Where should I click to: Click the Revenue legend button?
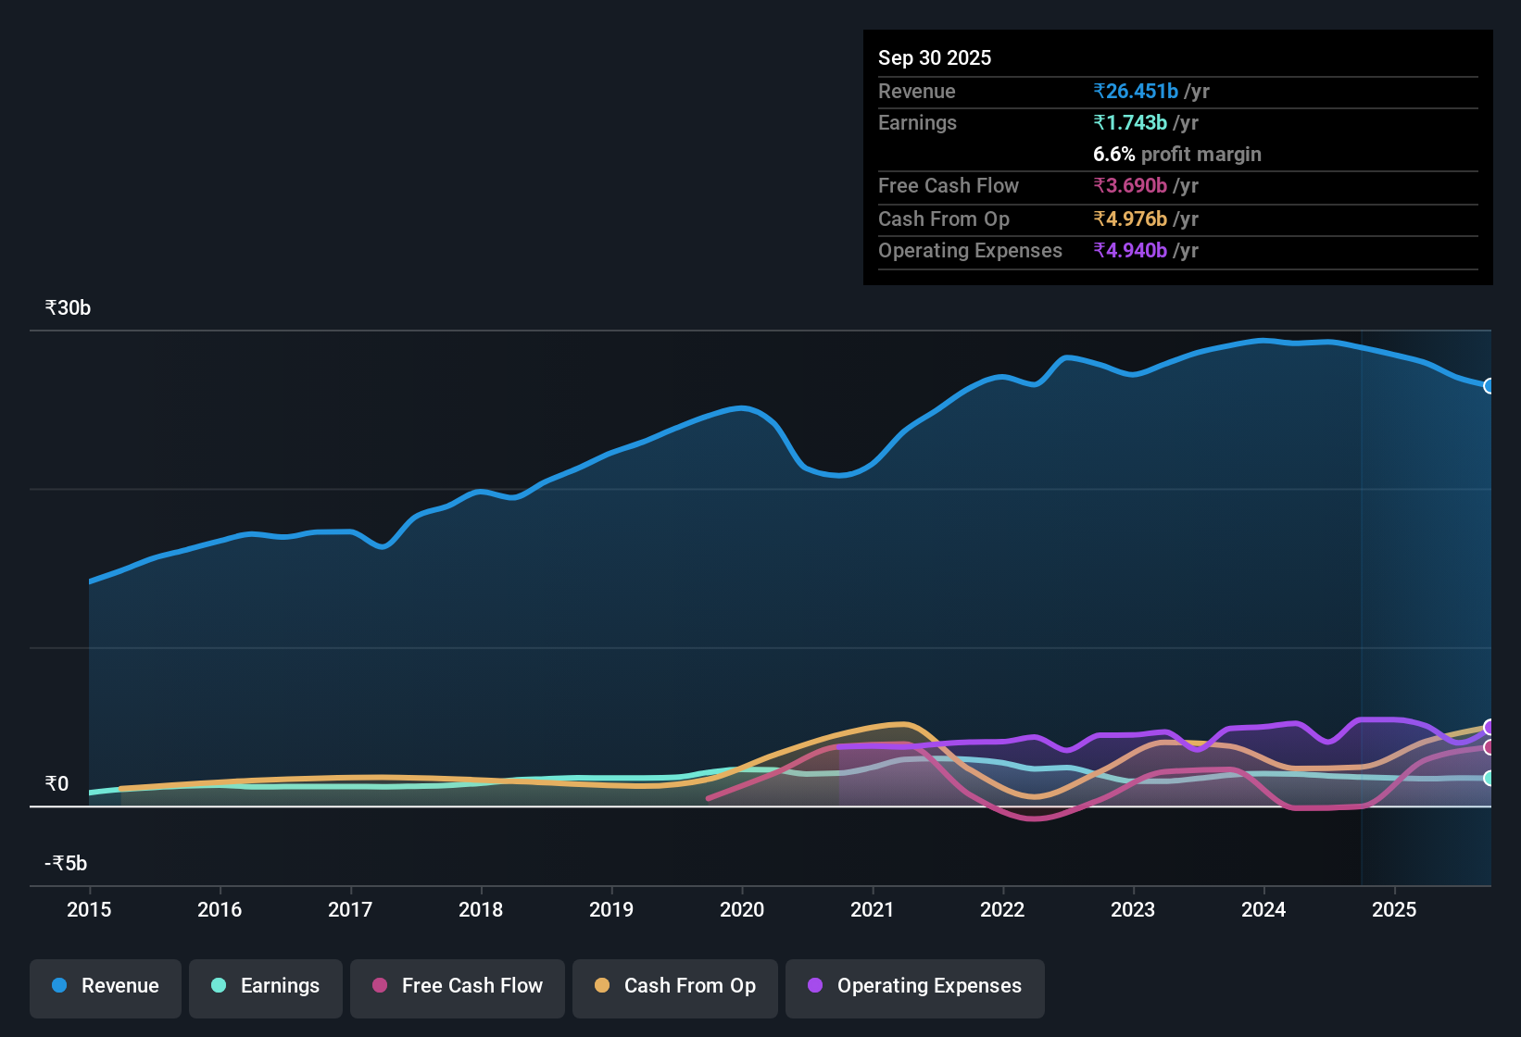point(106,986)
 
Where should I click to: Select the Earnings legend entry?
point(266,986)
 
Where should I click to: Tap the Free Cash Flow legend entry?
point(458,986)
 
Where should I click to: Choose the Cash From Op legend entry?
point(675,986)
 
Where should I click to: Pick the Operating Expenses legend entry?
point(915,986)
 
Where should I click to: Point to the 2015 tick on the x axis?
point(89,909)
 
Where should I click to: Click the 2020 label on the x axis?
point(742,909)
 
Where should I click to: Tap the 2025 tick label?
point(1394,909)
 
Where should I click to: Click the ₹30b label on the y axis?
point(68,308)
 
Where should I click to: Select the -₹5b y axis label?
point(66,863)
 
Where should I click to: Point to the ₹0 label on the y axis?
point(57,784)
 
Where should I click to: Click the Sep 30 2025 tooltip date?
point(935,57)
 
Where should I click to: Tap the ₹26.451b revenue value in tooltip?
point(1136,91)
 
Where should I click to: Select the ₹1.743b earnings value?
point(1130,122)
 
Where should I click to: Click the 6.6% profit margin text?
point(1176,154)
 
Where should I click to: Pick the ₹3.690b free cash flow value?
point(1130,185)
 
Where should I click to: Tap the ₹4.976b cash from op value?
point(1130,219)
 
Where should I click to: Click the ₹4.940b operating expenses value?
point(1130,250)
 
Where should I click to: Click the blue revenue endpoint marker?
point(1490,386)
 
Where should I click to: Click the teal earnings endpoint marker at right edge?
point(1490,779)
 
